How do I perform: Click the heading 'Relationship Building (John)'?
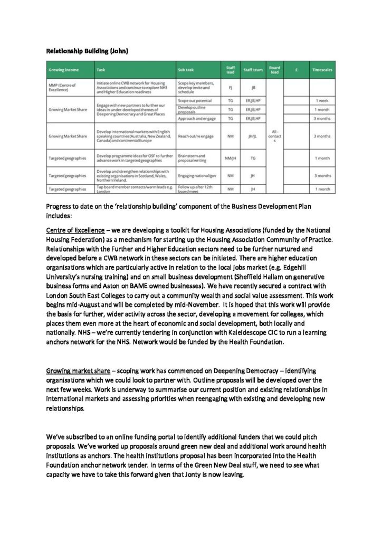[x=87, y=51]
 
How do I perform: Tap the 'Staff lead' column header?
[x=230, y=70]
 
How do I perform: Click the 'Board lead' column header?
[x=274, y=70]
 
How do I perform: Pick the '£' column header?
[x=297, y=70]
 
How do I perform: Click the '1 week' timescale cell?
[x=322, y=100]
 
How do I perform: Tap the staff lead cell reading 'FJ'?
[x=230, y=87]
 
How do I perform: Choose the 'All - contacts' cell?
[x=274, y=136]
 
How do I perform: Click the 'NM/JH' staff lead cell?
[x=230, y=158]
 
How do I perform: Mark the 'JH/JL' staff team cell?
[x=253, y=136]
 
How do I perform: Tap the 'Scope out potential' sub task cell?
[x=195, y=100]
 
